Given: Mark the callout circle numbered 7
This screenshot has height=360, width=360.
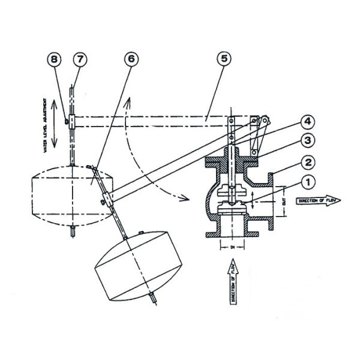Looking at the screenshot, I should click(80, 61).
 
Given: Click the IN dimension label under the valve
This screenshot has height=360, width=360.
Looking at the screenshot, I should click(230, 246).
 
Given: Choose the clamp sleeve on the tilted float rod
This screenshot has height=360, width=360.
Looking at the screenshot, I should click(107, 199).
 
